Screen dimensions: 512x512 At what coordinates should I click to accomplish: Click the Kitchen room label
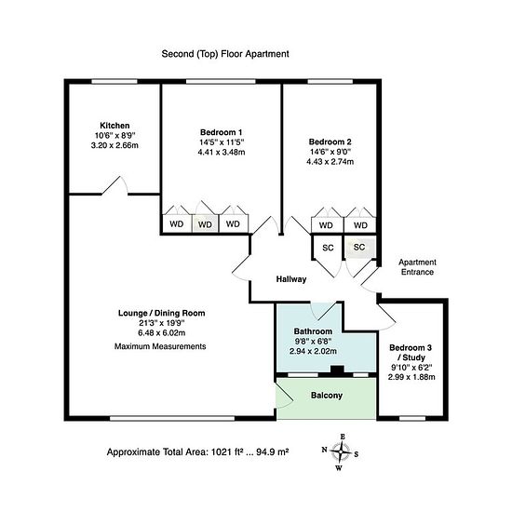pos(115,126)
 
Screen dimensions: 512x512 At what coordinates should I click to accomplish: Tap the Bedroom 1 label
pos(221,132)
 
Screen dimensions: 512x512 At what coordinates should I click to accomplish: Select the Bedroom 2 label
pos(330,142)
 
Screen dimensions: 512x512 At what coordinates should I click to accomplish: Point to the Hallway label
pos(291,279)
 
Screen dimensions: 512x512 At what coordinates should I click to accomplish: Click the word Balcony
pos(327,396)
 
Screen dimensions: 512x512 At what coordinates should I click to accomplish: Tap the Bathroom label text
pos(313,331)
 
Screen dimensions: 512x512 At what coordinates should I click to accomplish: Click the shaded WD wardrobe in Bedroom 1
pos(205,223)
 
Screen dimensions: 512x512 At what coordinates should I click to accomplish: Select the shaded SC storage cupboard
pos(359,248)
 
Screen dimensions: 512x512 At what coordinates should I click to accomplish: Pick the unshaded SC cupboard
pos(328,248)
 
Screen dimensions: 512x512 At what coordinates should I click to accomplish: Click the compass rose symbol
pos(340,452)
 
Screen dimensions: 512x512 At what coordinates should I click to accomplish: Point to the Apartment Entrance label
pos(417,267)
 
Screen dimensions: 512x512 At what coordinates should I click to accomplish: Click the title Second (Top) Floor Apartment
pos(225,54)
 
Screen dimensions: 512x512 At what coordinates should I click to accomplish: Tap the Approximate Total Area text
pos(197,452)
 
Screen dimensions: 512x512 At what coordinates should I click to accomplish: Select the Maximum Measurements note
pos(160,346)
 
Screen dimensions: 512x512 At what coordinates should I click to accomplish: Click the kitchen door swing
pos(115,186)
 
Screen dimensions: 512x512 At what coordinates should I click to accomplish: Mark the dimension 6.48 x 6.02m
pos(162,333)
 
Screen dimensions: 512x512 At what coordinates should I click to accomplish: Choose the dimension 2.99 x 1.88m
pos(411,377)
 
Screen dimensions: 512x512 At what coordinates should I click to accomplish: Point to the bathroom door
pos(323,311)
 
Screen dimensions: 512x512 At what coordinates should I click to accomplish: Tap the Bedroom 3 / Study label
pos(411,352)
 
